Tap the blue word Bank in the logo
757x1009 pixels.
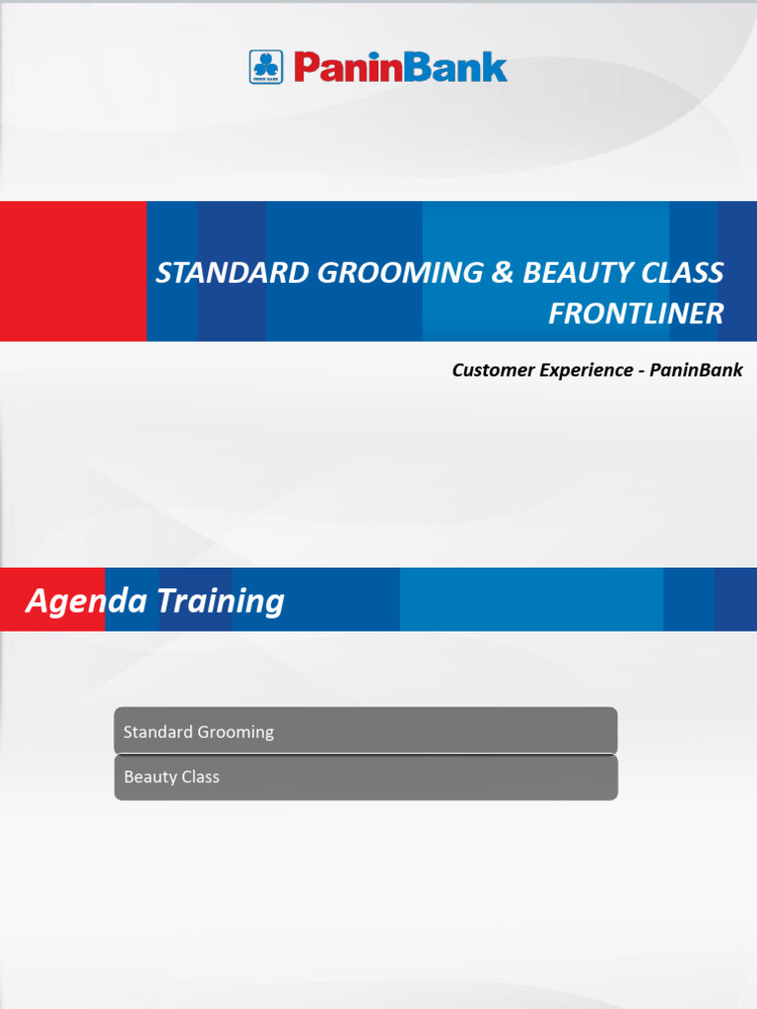[x=457, y=67]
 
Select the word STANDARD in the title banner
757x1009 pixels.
[x=232, y=273]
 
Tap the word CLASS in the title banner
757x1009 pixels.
[x=681, y=273]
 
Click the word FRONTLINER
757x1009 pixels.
[x=636, y=313]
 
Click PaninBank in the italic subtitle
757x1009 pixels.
[x=696, y=370]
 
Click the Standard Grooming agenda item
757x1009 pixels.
[x=366, y=731]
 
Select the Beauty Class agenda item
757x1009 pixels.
[x=366, y=777]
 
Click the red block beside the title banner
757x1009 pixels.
[x=73, y=271]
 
